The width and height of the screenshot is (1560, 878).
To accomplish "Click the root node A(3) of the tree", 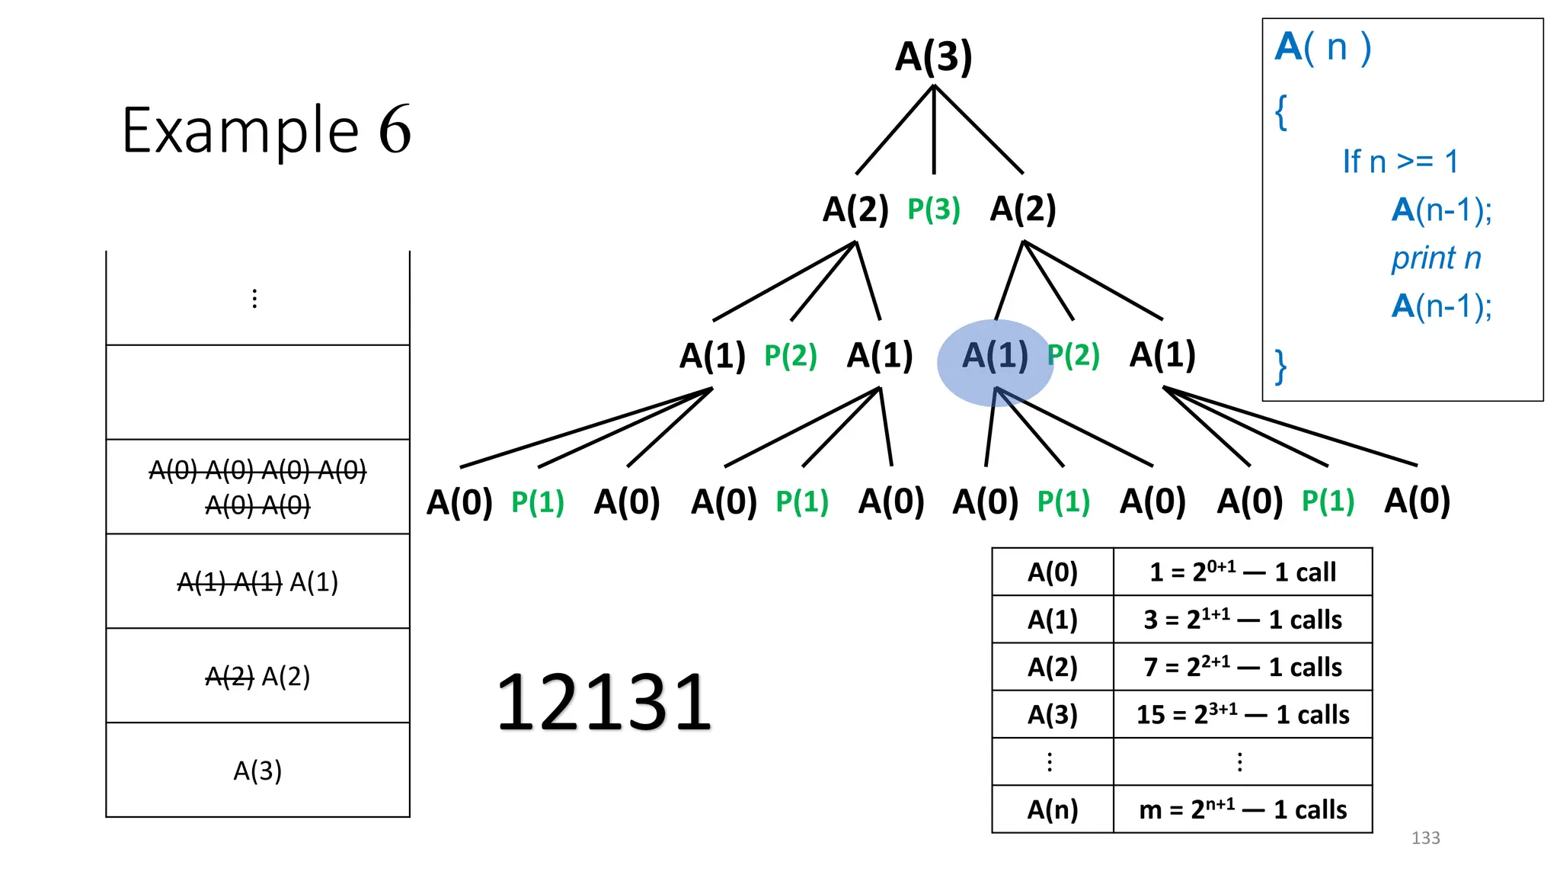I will coord(933,57).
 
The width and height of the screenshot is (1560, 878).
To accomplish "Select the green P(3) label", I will coord(933,209).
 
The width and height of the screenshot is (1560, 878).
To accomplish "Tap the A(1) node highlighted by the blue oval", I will coord(994,356).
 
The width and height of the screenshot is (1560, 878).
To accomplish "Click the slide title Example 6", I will coord(266,130).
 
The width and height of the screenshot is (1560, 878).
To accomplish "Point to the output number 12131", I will coord(603,702).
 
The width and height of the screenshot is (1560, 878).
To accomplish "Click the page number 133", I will coord(1425,838).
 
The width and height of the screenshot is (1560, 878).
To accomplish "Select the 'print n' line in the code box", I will coord(1436,258).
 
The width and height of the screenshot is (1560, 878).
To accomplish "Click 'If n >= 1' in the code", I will coord(1400,162).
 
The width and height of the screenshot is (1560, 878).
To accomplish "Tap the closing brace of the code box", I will coord(1281,367).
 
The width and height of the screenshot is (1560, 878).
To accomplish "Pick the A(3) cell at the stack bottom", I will coord(257,771).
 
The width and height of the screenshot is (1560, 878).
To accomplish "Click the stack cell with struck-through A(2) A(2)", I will coord(257,676).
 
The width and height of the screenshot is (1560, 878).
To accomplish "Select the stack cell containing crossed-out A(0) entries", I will coord(257,487).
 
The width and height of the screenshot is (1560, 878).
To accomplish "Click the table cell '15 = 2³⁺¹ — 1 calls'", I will coord(1242,714).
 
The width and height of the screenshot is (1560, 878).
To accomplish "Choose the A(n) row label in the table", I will coord(1053,809).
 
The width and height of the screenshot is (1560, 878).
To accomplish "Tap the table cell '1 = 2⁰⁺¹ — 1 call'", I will coord(1242,572).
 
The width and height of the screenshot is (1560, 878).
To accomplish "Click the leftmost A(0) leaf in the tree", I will coord(459,502).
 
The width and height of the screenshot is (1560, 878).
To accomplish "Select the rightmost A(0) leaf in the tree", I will coord(1417,501).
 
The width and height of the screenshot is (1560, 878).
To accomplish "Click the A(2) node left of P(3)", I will coord(855,209).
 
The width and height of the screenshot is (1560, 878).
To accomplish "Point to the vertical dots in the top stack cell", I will coord(254,299).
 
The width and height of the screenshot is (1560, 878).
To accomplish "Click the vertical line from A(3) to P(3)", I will coord(934,130).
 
